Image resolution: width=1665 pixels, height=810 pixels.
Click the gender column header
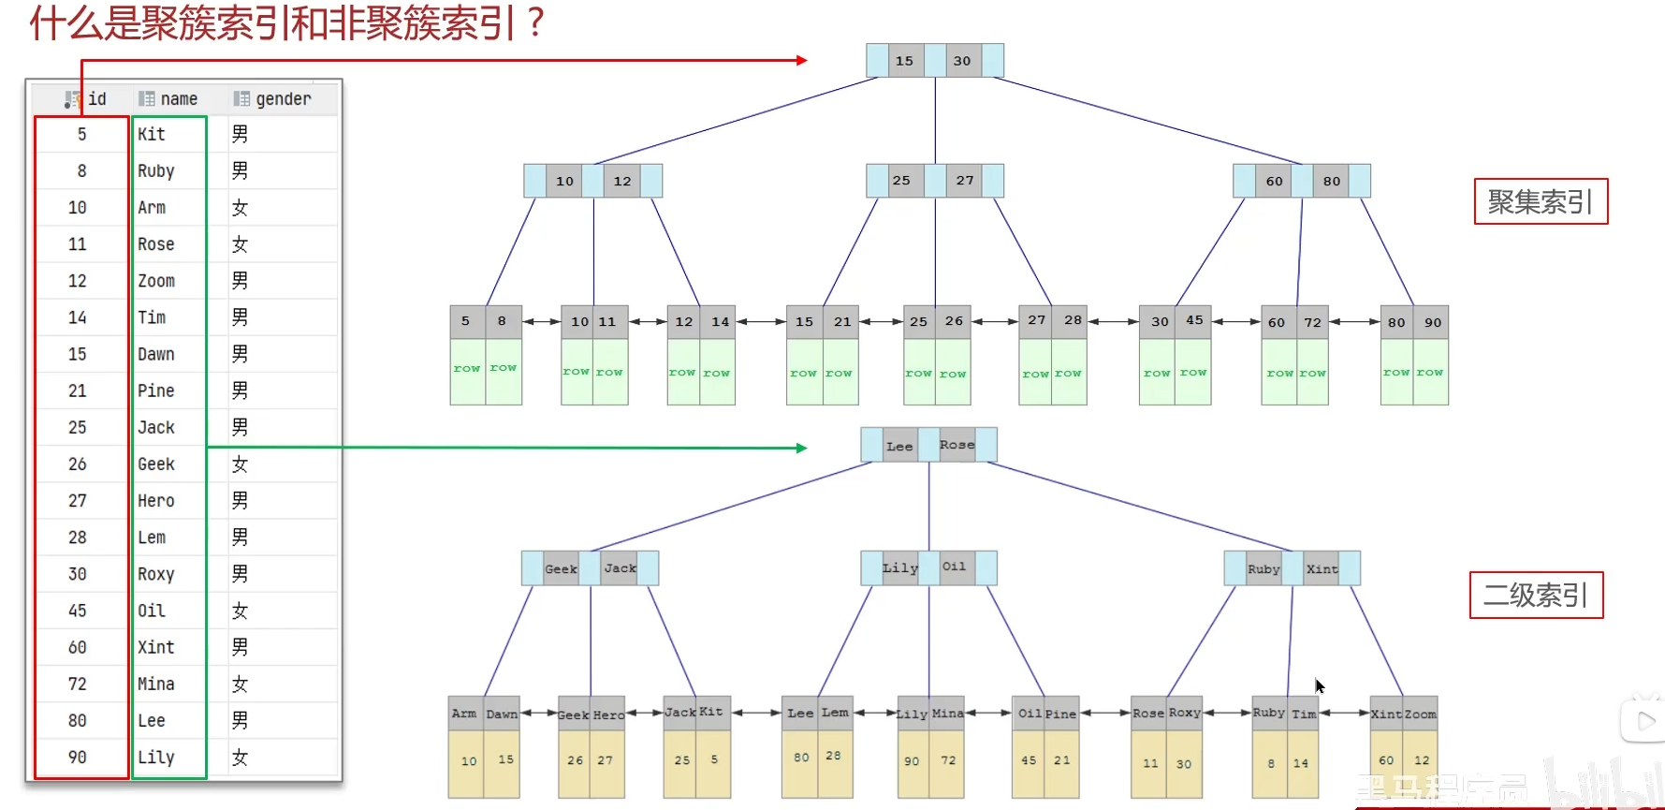tap(282, 98)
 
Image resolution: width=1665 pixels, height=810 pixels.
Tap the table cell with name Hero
tap(156, 501)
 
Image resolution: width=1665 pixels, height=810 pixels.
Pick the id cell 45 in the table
tap(78, 611)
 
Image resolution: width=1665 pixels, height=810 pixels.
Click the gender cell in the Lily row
tap(241, 758)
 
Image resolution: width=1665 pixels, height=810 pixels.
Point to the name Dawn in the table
tap(156, 354)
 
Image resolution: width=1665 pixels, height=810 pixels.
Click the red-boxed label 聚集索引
tap(1541, 201)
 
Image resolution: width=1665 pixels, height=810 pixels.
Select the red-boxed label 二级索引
tap(1536, 595)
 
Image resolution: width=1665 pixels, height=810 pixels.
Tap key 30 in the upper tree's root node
tap(962, 61)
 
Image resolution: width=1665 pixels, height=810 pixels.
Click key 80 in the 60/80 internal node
tap(1332, 181)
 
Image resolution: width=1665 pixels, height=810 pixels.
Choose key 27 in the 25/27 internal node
tap(965, 181)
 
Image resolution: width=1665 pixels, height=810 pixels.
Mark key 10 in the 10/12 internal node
tap(564, 181)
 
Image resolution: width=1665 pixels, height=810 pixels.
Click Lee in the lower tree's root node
tap(899, 446)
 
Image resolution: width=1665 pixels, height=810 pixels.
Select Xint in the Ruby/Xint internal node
tap(1322, 568)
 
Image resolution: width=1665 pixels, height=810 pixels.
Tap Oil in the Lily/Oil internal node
tap(954, 567)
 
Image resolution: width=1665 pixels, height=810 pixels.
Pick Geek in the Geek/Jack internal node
tap(561, 568)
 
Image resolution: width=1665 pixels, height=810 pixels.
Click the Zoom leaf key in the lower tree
tap(1420, 714)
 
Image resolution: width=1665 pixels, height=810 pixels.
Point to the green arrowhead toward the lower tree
tap(801, 449)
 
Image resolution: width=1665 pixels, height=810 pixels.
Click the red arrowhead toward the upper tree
tap(801, 60)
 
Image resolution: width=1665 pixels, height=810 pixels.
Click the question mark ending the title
tap(536, 22)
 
